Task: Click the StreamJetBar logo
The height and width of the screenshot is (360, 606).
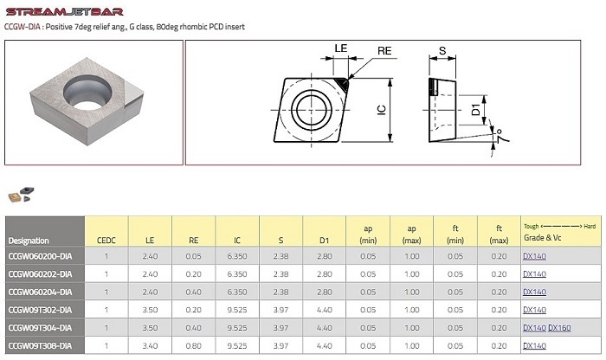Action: pos(65,11)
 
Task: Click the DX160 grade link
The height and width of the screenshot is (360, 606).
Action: pos(559,328)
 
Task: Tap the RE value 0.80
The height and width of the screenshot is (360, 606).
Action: pos(193,345)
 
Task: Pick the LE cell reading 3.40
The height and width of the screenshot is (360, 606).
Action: pos(150,345)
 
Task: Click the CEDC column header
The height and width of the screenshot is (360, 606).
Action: pos(106,241)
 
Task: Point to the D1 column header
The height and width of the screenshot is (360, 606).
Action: pos(325,241)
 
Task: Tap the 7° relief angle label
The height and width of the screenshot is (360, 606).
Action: pos(500,136)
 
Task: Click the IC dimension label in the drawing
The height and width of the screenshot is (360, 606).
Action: pos(382,110)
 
